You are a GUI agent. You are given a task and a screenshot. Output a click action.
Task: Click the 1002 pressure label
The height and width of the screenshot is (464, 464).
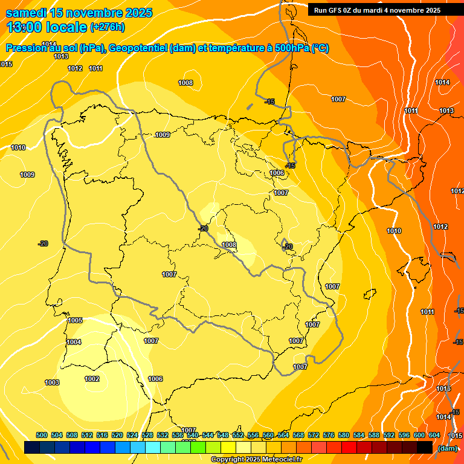click(92, 379)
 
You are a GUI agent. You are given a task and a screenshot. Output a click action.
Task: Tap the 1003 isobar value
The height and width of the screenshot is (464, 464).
click(52, 382)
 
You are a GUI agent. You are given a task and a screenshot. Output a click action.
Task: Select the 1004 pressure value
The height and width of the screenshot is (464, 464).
click(74, 342)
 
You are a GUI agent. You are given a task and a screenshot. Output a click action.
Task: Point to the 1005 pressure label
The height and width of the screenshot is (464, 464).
click(75, 320)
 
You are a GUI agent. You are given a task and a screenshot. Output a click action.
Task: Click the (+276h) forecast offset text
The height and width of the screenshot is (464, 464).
click(107, 27)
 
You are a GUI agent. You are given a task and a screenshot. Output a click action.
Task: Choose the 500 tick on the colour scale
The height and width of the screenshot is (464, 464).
click(42, 435)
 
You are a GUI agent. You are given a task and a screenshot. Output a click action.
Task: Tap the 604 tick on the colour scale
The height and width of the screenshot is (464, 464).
click(434, 435)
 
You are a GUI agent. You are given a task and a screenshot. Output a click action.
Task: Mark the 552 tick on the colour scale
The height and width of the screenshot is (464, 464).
click(238, 435)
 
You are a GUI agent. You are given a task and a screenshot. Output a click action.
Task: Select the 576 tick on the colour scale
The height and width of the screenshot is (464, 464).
click(329, 435)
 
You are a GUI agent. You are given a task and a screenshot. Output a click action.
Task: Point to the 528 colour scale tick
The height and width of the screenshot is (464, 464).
click(147, 435)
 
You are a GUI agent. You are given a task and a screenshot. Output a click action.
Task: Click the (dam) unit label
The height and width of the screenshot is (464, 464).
click(447, 448)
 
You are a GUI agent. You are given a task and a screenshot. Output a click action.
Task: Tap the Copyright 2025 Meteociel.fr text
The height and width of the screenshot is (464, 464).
click(256, 459)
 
